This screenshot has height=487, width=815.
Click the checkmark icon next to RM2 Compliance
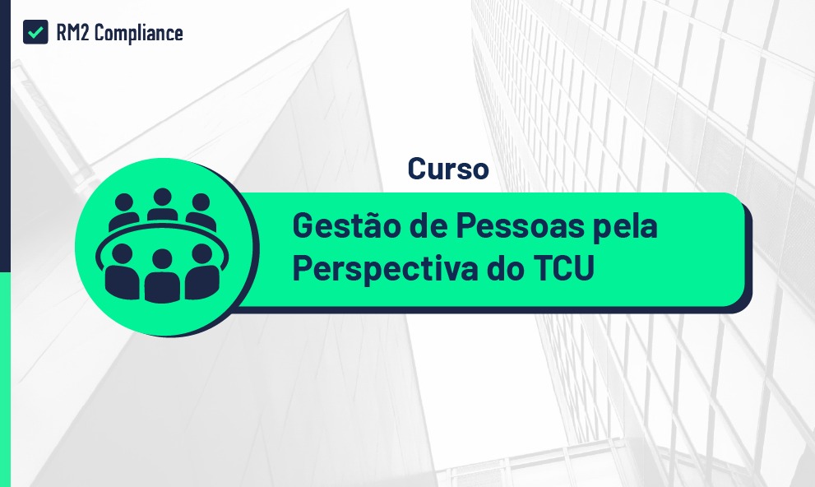pos(35,32)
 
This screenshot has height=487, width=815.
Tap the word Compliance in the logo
pos(139,33)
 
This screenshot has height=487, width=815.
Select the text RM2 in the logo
pos(72,33)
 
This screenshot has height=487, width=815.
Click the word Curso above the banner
pos(448,169)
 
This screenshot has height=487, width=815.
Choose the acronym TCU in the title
pos(564,268)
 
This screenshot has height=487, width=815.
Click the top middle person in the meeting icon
pos(162,204)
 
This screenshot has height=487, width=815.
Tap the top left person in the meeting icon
pos(123,212)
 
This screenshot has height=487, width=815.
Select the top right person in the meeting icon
pos(201,212)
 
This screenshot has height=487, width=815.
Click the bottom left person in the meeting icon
pos(123,271)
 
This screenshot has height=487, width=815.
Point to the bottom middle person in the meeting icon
pos(162,276)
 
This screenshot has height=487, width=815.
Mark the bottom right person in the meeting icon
pos(202,271)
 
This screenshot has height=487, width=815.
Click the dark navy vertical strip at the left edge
pos(5,136)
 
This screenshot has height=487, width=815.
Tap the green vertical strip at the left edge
pos(5,379)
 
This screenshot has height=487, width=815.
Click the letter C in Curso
pos(418,169)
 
